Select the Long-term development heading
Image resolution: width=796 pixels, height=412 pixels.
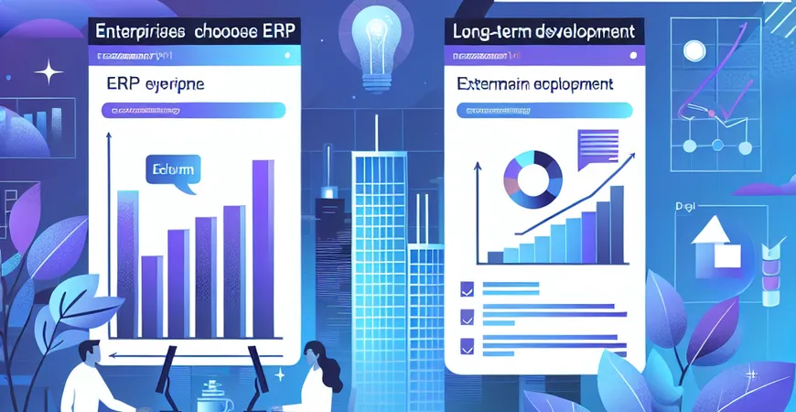(x=543, y=31)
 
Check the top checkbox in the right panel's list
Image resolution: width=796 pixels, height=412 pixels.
(x=467, y=288)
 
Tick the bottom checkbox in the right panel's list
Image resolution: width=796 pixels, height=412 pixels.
(x=467, y=347)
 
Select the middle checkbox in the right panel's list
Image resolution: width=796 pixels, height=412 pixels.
(x=467, y=318)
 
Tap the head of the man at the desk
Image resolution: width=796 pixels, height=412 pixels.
(x=90, y=352)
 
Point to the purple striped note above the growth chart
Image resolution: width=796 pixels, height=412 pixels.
(x=597, y=146)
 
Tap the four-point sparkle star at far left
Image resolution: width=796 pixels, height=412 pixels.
(x=43, y=71)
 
